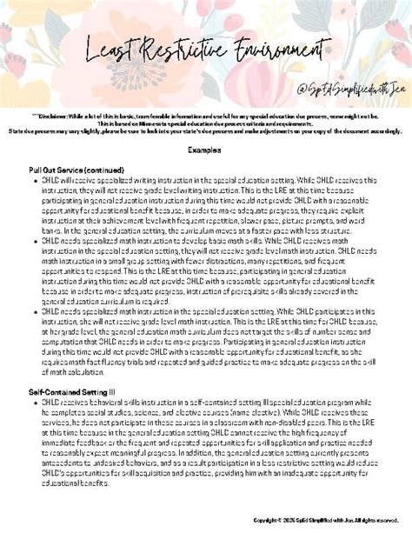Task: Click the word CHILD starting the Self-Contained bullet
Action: pos(48,403)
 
